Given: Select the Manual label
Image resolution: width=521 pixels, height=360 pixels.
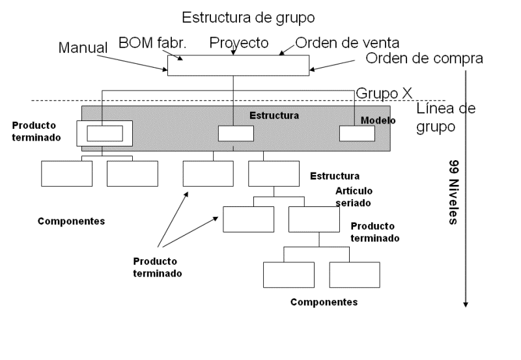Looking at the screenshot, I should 83,48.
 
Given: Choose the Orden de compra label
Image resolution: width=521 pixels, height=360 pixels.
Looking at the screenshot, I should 424,58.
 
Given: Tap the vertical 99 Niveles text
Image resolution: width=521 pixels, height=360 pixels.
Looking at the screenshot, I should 453,191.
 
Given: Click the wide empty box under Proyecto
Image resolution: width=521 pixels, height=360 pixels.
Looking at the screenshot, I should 238,66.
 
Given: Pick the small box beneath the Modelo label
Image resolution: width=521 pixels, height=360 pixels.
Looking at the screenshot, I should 357,133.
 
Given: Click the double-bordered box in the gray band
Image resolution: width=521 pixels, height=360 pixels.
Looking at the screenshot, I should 104,133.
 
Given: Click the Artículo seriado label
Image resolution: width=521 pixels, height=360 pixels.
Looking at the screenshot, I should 356,196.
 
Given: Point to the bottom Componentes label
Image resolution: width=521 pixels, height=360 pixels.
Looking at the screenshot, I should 324,302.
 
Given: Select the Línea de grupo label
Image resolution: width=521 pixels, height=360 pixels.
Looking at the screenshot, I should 445,117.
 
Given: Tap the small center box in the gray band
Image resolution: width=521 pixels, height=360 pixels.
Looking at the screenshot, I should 235,133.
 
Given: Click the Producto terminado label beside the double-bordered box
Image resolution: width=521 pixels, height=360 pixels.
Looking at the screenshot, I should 33,131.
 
